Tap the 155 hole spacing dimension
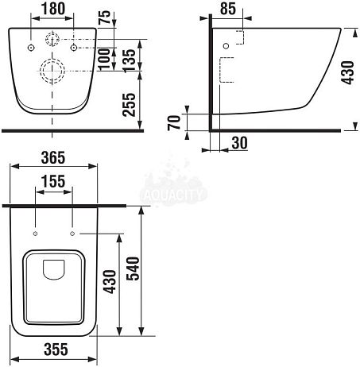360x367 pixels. [54, 182]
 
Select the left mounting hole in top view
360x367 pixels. [37, 234]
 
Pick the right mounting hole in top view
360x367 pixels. [72, 234]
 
